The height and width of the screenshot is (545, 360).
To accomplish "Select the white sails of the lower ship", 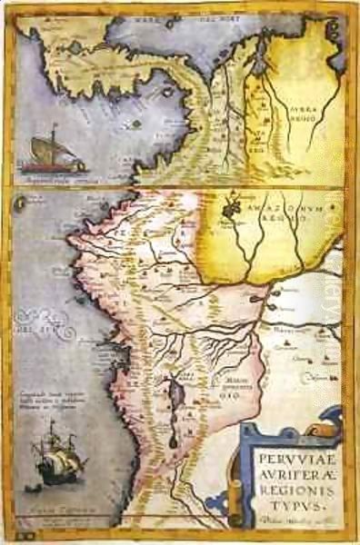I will (x=57, y=462).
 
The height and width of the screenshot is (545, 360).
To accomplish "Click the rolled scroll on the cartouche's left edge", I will (x=244, y=472).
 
